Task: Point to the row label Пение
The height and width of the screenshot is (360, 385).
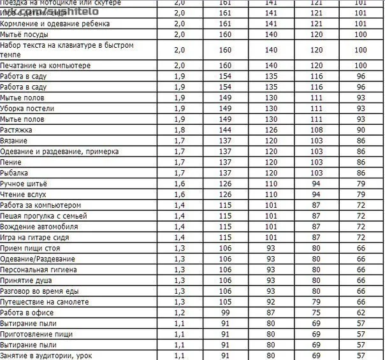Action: pos(11,162)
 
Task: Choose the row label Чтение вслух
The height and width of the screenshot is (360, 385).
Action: pos(24,194)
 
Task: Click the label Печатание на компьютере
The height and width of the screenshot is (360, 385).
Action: pos(45,65)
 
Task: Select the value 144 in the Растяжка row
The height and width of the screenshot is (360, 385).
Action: pos(225,129)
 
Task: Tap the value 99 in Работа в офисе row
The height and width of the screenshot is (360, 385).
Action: pos(225,313)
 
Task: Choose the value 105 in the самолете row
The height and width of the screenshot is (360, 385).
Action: pos(225,302)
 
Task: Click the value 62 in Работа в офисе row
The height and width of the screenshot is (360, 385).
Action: pos(361,313)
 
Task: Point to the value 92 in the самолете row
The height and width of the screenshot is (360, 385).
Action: pos(271,302)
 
